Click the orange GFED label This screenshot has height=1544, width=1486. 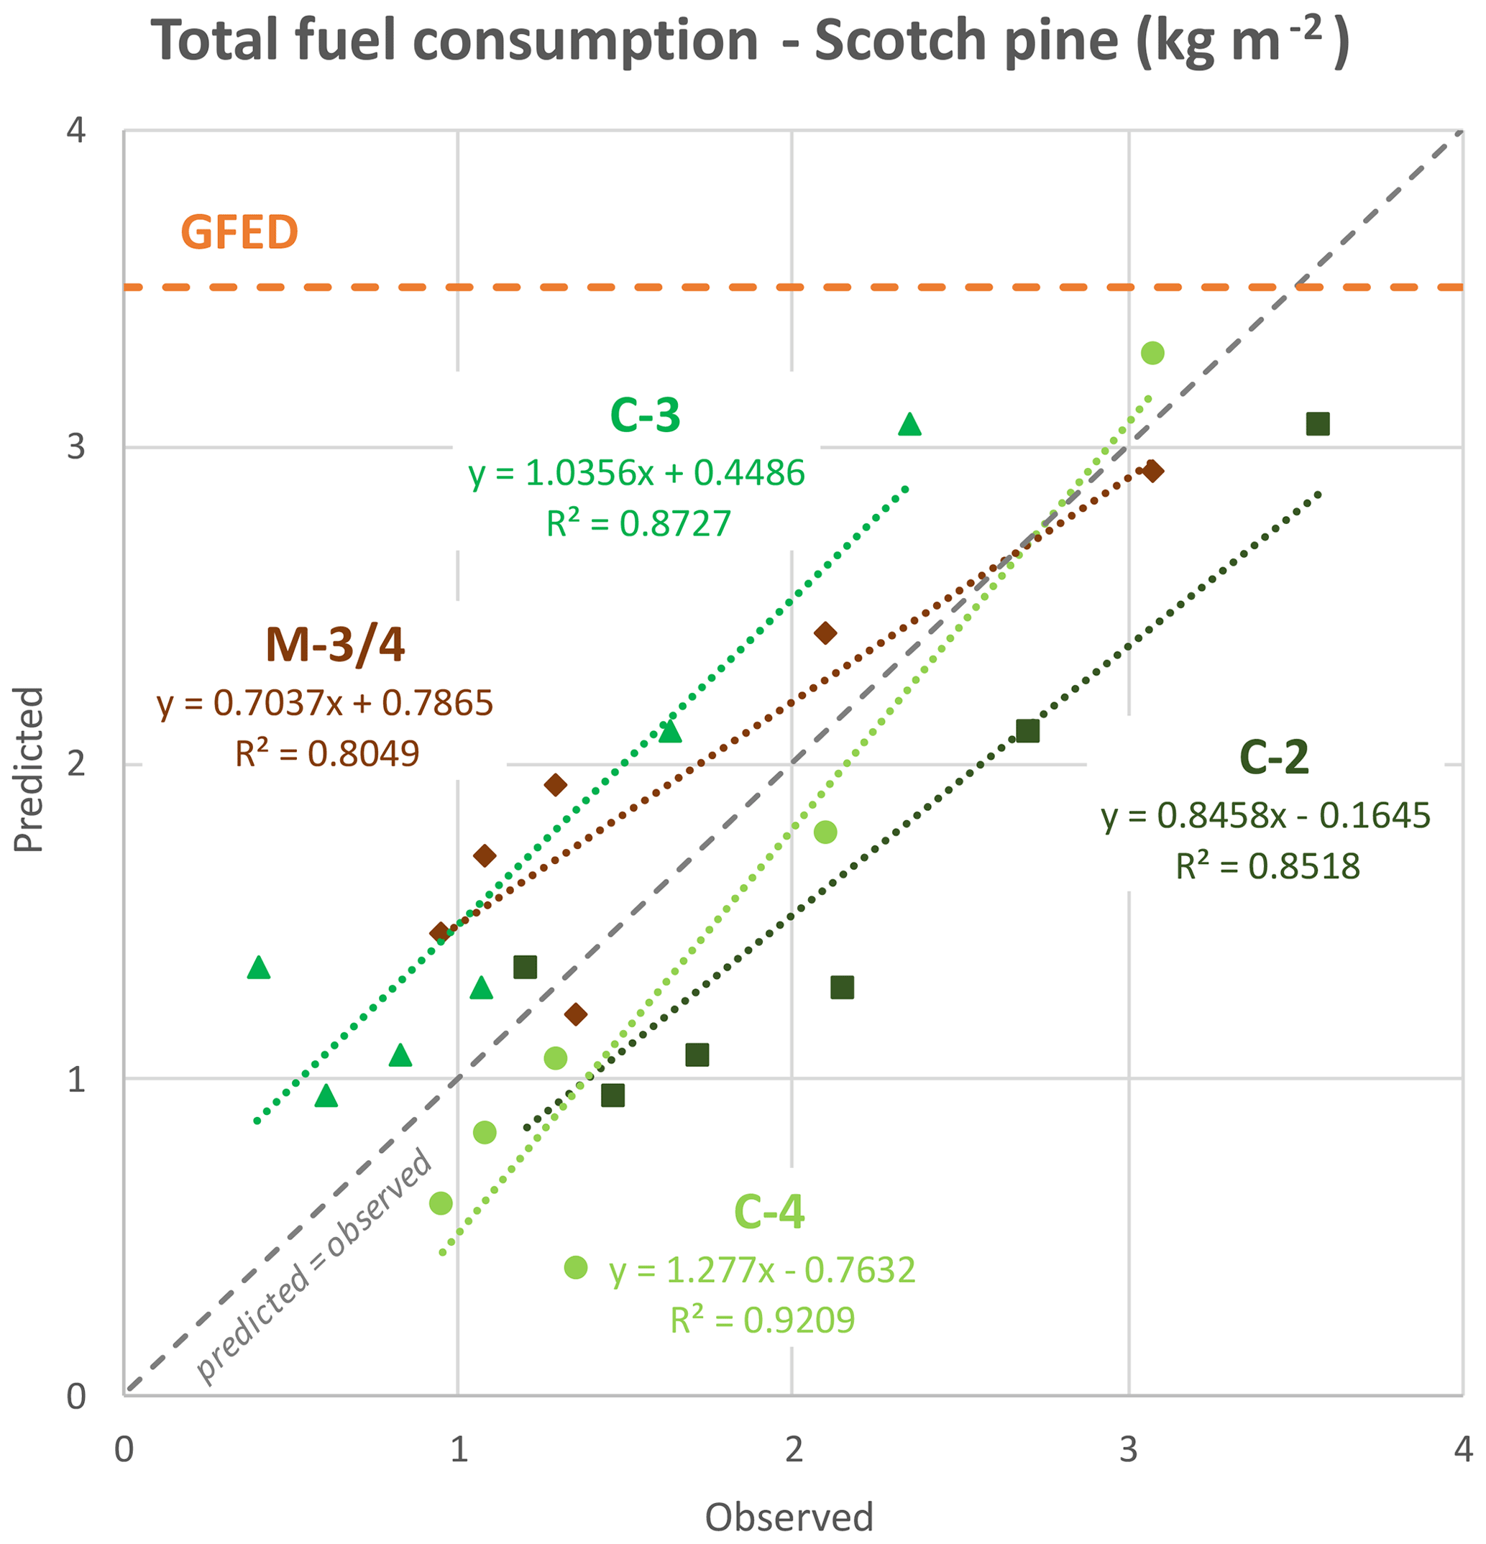click(x=239, y=232)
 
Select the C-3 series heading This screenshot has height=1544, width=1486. click(x=645, y=415)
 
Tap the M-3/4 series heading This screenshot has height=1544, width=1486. click(x=335, y=645)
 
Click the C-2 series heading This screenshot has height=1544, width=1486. click(x=1273, y=758)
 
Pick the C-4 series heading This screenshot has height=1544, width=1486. click(x=769, y=1212)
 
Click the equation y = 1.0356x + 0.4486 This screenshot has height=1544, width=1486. click(x=637, y=474)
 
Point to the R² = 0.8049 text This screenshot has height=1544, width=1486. click(x=327, y=754)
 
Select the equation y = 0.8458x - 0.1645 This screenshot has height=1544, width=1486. click(x=1265, y=816)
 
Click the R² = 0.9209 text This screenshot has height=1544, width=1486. click(x=762, y=1320)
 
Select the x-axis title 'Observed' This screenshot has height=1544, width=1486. click(x=789, y=1517)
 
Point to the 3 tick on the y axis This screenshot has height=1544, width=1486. click(x=75, y=446)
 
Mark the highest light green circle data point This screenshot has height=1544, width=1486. click(x=1152, y=353)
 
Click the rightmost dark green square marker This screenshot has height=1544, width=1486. click(x=1317, y=424)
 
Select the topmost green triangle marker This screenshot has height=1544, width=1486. click(x=909, y=425)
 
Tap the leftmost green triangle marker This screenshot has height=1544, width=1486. click(x=258, y=968)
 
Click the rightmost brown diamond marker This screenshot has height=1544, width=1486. click(x=1152, y=471)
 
